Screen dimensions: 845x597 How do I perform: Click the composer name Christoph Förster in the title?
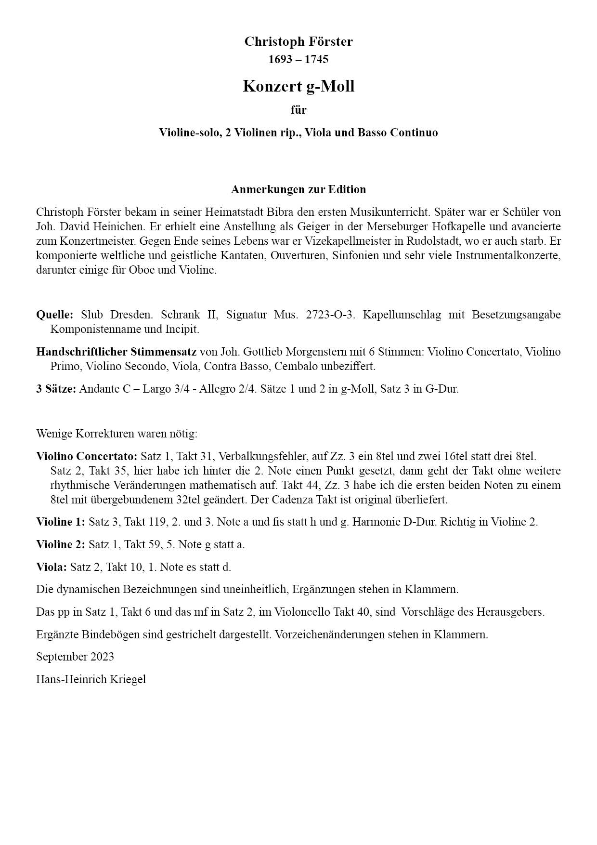pyautogui.click(x=298, y=41)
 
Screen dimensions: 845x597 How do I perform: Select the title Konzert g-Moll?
pyautogui.click(x=298, y=86)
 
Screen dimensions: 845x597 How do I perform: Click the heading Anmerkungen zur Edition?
pyautogui.click(x=298, y=189)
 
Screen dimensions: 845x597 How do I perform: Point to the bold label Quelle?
pyautogui.click(x=54, y=315)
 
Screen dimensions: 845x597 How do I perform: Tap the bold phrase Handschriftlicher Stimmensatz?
pyautogui.click(x=116, y=352)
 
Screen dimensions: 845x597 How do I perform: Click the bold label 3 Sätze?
pyautogui.click(x=56, y=389)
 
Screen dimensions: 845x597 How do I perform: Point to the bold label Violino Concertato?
pyautogui.click(x=87, y=456)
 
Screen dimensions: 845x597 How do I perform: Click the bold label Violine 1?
pyautogui.click(x=61, y=522)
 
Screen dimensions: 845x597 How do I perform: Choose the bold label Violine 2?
pyautogui.click(x=61, y=544)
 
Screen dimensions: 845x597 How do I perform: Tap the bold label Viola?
pyautogui.click(x=52, y=567)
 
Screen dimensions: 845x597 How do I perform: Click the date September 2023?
pyautogui.click(x=75, y=657)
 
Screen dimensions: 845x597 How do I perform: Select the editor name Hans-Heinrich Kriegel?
pyautogui.click(x=91, y=679)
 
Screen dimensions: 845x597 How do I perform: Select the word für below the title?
pyautogui.click(x=298, y=110)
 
